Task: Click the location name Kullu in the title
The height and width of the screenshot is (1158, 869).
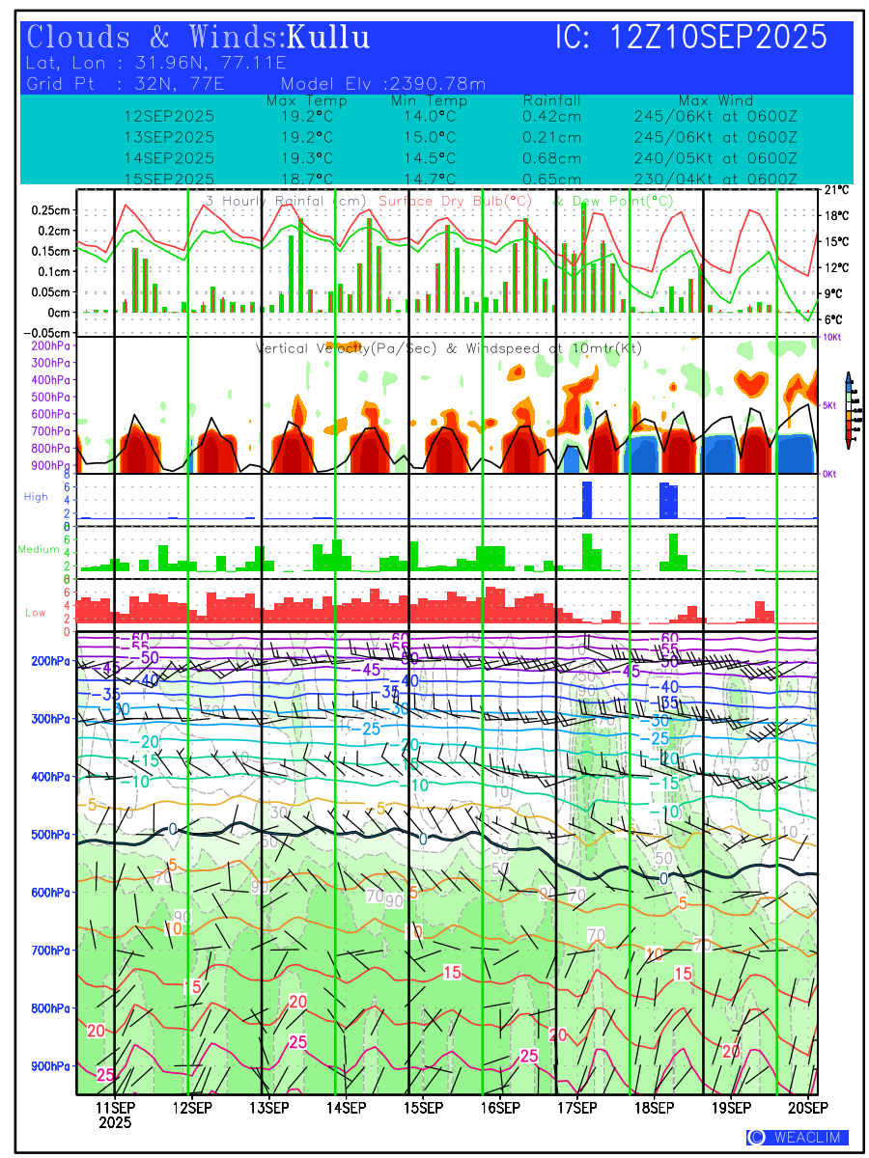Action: (x=329, y=38)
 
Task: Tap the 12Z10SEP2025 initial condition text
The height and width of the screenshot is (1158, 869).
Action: (x=718, y=38)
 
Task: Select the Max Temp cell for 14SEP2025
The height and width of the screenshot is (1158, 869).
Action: (x=307, y=158)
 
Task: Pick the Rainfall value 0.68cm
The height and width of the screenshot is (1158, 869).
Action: (x=551, y=158)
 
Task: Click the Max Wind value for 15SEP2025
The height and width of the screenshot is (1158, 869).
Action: (x=715, y=179)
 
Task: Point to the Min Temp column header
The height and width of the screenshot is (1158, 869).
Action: (x=429, y=100)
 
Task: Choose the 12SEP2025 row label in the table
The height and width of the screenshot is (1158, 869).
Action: (x=169, y=116)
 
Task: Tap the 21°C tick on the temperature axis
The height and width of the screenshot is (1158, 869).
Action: (x=836, y=190)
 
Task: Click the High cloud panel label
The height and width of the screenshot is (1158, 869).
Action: (x=36, y=496)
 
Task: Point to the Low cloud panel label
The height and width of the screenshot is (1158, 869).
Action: (x=36, y=613)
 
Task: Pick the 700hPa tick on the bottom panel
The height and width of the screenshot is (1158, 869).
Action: (x=49, y=951)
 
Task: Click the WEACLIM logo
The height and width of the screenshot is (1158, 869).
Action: (x=798, y=1138)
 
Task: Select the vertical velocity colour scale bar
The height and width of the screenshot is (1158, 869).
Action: (x=848, y=409)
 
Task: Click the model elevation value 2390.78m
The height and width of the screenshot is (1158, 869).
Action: (x=437, y=83)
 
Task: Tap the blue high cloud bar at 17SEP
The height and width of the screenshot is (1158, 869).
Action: (x=586, y=499)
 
